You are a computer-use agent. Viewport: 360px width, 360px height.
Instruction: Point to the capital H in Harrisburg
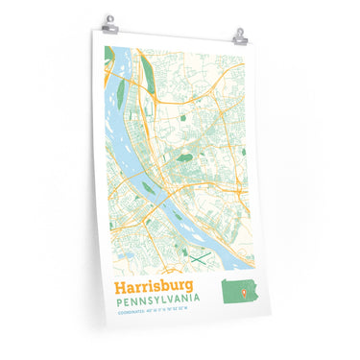tap(119, 286)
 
